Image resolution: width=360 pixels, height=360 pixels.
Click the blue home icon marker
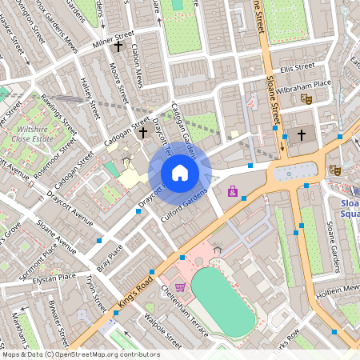tap(180, 173)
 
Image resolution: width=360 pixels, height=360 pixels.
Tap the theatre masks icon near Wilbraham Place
tap(305, 98)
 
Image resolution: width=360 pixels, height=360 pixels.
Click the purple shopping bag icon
tap(233, 192)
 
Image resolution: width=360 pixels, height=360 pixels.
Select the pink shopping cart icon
tap(180, 286)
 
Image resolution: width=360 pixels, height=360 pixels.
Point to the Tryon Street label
tap(95, 294)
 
